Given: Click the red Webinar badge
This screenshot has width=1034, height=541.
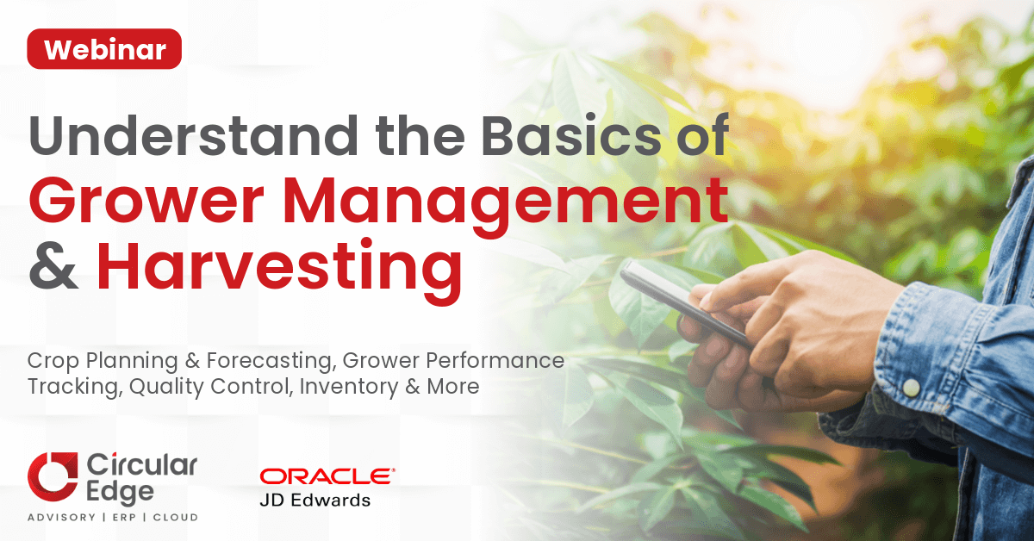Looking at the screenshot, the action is tap(104, 49).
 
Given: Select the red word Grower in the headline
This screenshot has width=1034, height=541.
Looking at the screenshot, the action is tap(146, 202).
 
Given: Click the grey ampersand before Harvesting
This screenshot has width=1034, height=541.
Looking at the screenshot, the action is tap(53, 268).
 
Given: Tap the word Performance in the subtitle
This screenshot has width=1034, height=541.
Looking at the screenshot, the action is tap(495, 360).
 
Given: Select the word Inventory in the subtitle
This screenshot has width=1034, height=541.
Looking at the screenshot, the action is tap(348, 387).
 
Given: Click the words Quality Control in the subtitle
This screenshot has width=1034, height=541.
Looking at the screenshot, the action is tap(211, 387).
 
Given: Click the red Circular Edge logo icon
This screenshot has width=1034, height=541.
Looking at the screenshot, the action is tap(53, 477).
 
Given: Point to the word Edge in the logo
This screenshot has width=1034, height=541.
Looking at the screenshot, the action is tap(120, 493).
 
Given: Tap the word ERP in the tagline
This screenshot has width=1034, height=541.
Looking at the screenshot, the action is tap(125, 518).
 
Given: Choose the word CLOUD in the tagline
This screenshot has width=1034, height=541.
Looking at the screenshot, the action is tap(176, 518).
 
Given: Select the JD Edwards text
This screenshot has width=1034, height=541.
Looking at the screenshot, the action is tap(315, 501).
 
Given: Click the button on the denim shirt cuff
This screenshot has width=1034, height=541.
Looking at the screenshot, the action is tap(911, 388).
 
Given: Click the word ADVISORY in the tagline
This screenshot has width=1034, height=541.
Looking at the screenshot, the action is tap(61, 518).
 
